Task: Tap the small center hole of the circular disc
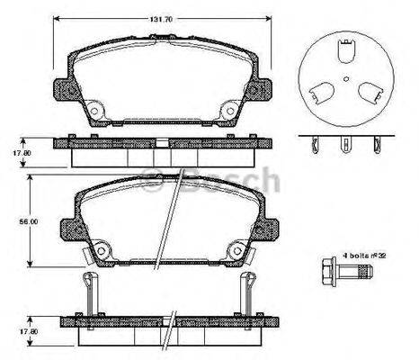[x=345, y=79]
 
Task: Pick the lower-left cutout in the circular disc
[x=320, y=94]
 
